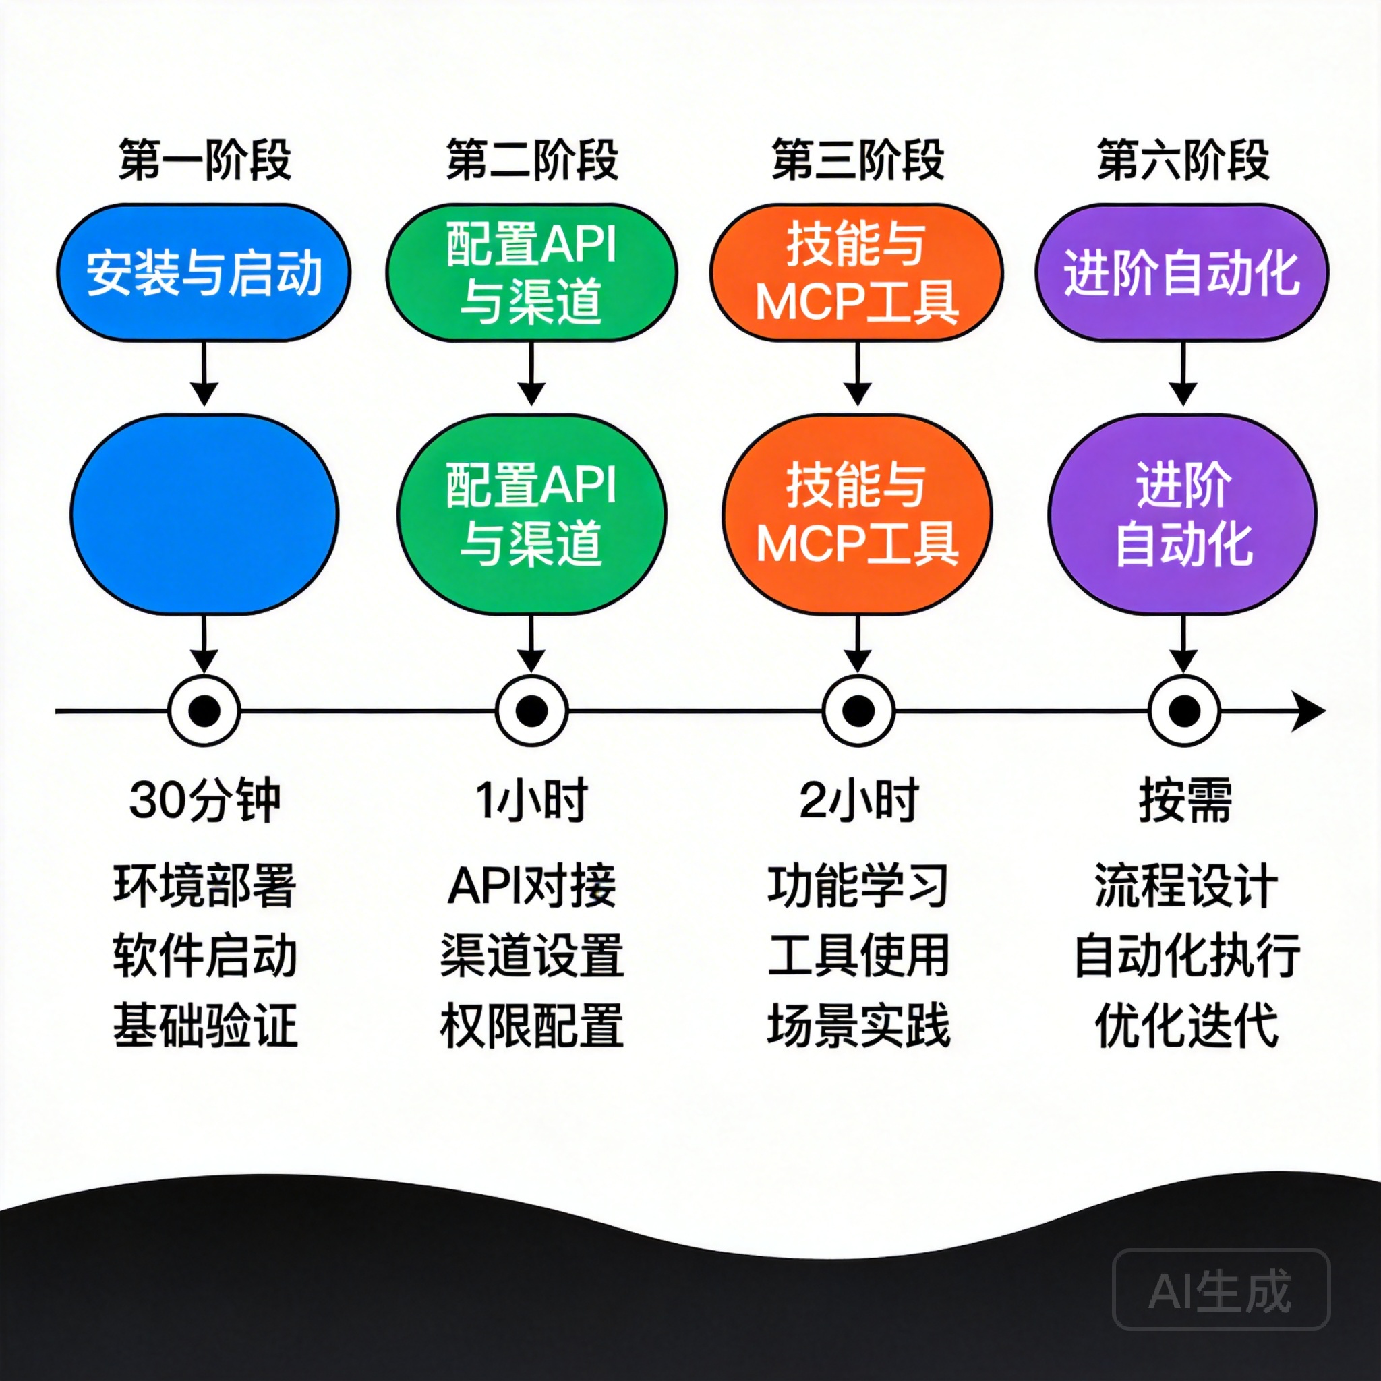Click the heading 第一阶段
pos(204,159)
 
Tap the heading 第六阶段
pos(1183,159)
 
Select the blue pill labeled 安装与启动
pos(204,272)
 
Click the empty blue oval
pos(204,513)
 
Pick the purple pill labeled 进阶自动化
pos(1182,272)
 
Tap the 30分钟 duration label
pos(204,800)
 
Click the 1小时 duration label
pos(531,800)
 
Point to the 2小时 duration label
pos(858,800)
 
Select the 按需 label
pos(1184,800)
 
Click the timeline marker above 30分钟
pos(204,711)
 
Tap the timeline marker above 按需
pos(1184,711)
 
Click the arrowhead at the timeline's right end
pos(1310,712)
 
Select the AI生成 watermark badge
pos(1221,1290)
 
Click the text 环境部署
pos(204,885)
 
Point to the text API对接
pos(531,885)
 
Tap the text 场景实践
pos(858,1026)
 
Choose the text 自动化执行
pos(1187,956)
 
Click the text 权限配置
pos(531,1026)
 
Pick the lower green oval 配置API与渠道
pos(531,513)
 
